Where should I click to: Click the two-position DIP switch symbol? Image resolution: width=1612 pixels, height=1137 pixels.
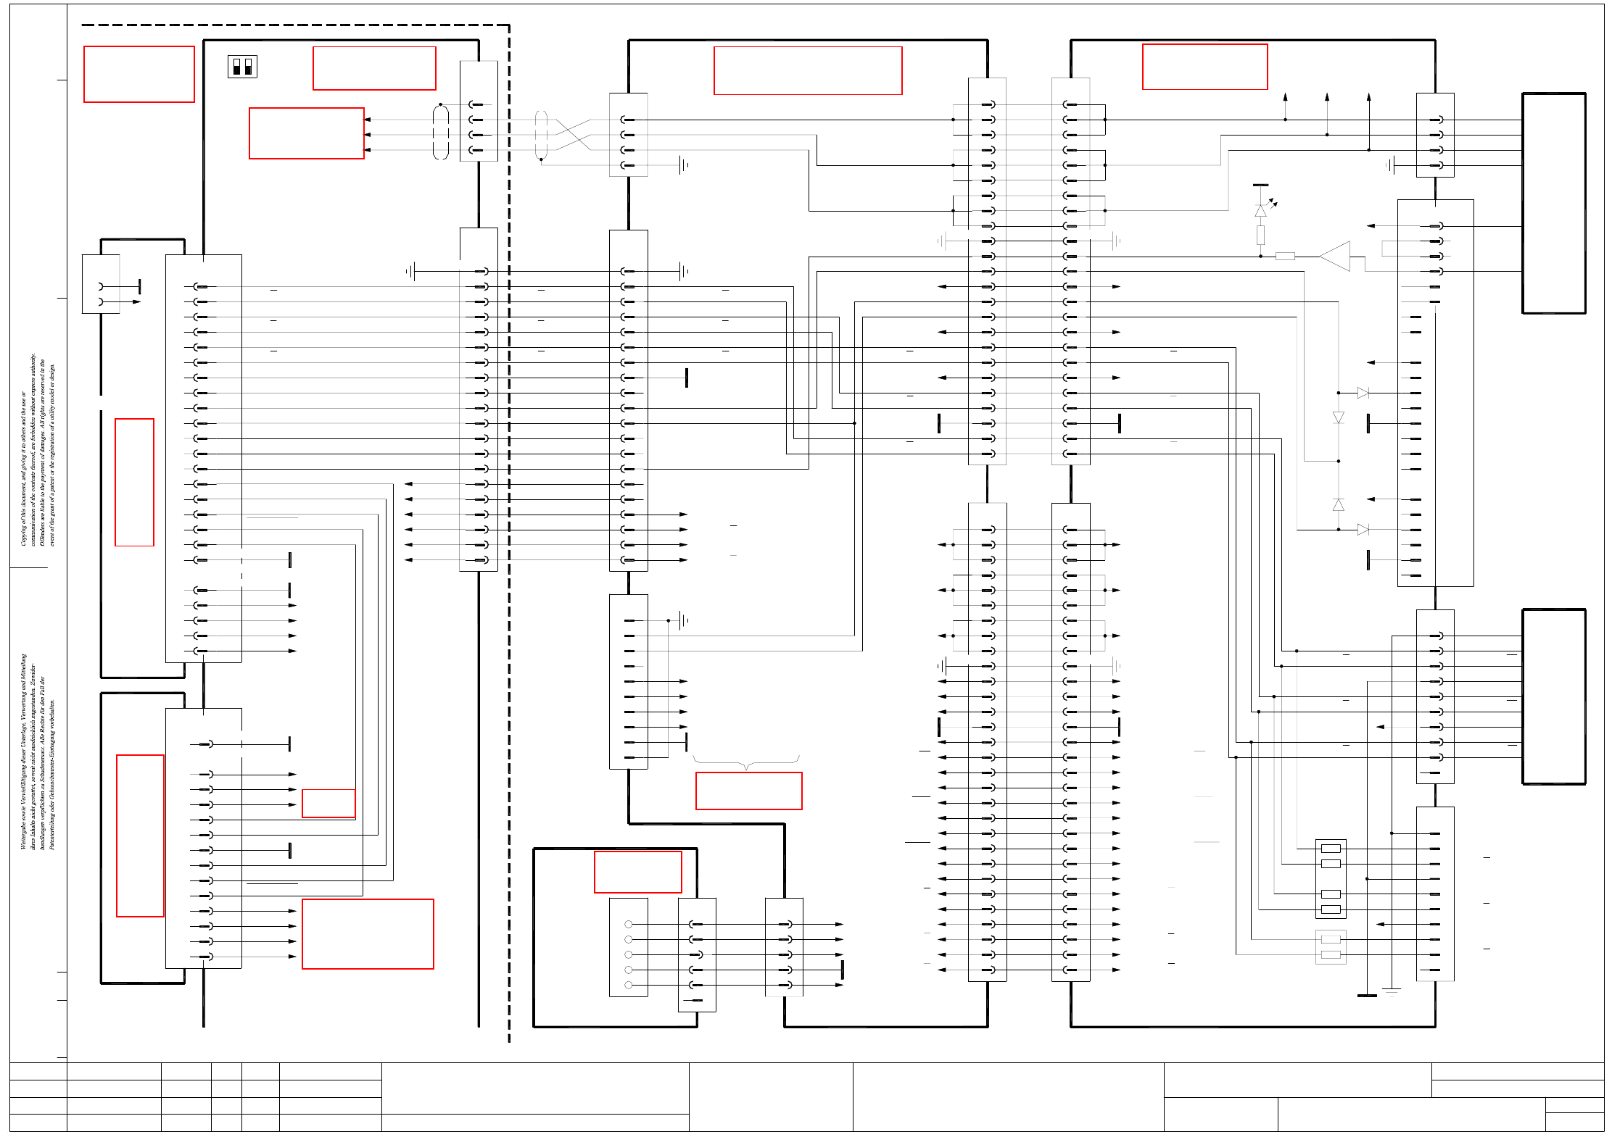pos(242,67)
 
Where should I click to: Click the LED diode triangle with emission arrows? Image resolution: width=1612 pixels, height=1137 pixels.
pos(1261,210)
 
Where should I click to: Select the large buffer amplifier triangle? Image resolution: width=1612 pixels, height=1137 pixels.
pos(1335,256)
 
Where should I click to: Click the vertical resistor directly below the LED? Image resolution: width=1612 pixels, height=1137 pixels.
pos(1261,235)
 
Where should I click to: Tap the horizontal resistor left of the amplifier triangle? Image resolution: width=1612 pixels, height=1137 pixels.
pos(1285,256)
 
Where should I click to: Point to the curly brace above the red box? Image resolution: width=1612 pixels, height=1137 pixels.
pos(746,762)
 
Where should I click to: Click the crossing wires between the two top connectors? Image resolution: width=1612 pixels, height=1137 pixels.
pos(574,135)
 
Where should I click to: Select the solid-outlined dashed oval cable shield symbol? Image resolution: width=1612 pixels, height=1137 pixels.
pos(441,132)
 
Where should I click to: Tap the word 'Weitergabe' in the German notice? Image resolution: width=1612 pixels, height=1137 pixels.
pos(24,833)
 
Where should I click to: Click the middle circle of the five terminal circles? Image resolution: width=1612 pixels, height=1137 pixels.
pos(629,954)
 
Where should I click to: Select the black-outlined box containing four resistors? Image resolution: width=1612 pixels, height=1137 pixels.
pos(1331,878)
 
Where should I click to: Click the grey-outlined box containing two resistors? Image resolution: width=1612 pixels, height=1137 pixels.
pos(1331,946)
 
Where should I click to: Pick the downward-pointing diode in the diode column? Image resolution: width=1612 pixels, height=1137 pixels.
pos(1339,417)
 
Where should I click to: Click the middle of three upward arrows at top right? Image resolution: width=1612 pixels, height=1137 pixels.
pos(1327,98)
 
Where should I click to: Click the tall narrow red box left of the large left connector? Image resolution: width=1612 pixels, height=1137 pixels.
pos(134,482)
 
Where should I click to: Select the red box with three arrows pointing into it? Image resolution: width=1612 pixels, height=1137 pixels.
pos(306,133)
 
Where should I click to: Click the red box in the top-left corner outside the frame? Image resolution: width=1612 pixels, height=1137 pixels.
pos(139,74)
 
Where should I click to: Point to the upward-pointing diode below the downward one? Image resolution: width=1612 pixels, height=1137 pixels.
pos(1339,504)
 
